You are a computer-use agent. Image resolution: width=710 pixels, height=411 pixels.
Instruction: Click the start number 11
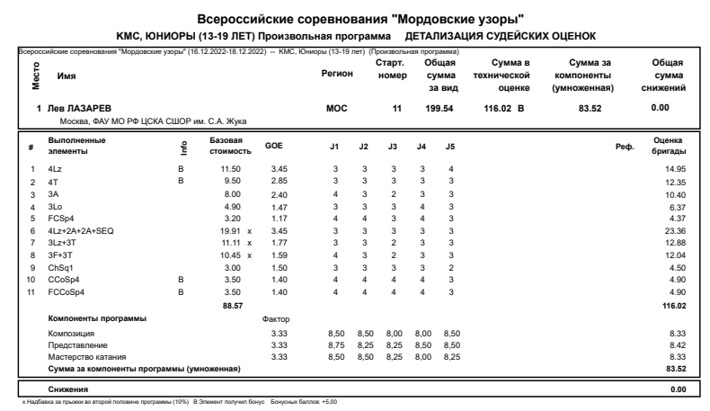tap(395, 109)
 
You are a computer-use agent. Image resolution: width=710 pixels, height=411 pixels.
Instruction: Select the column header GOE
tap(274, 146)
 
